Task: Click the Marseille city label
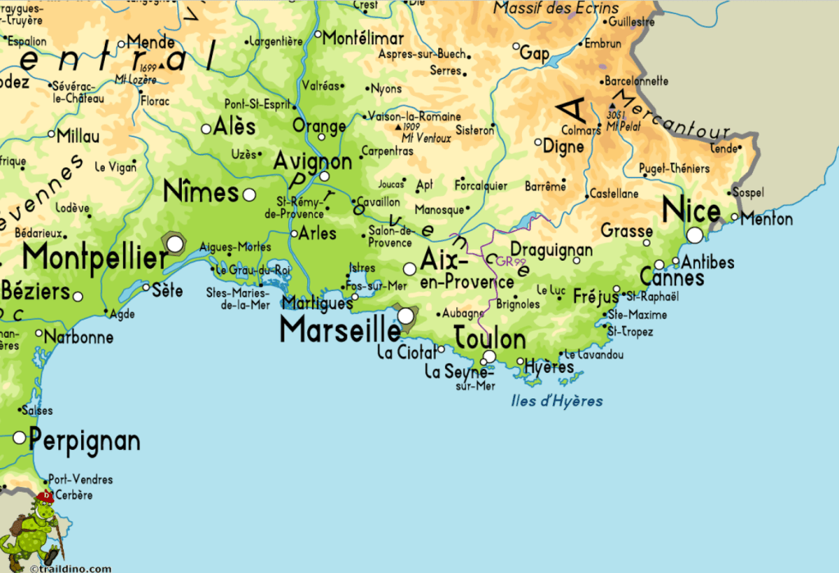[x=339, y=330]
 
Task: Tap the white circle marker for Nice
[x=695, y=235]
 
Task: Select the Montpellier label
[x=94, y=257]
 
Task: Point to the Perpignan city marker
[x=20, y=438]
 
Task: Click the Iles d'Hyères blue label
[x=556, y=402]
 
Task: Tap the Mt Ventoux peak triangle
[x=399, y=128]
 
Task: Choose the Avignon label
[x=313, y=161]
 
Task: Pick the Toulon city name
[x=489, y=338]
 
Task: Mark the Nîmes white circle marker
[x=249, y=194]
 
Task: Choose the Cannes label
[x=671, y=278]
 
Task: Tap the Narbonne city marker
[x=39, y=334]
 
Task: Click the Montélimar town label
[x=363, y=39]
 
